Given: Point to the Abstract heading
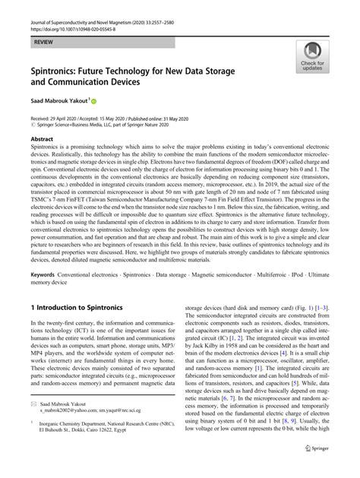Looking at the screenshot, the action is tap(42, 141).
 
